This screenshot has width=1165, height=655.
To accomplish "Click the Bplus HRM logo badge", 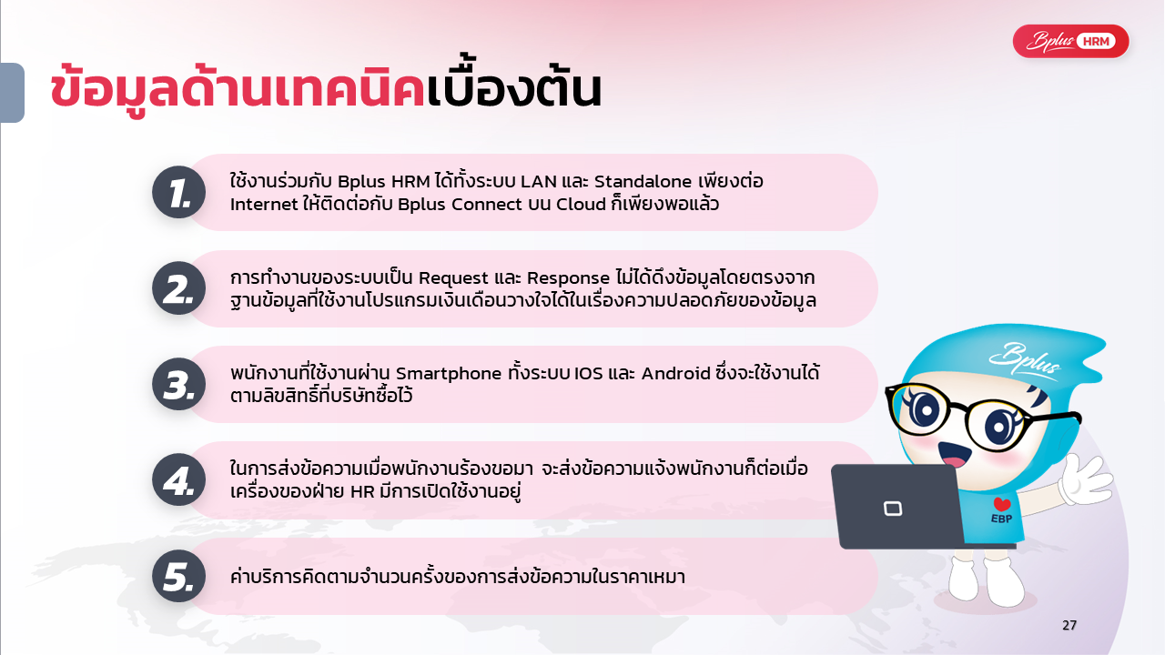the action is pos(1071,41).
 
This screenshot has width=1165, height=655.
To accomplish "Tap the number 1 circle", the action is pos(179,192).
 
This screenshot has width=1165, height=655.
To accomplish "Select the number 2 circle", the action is pos(179,288).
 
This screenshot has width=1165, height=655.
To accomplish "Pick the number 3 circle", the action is pos(179,384).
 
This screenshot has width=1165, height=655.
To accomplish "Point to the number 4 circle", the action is pos(179,479).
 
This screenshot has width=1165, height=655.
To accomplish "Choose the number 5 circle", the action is pos(179,576).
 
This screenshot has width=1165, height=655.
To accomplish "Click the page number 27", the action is pos(1069,625).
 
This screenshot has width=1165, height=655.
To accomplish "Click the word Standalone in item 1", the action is pos(643,181).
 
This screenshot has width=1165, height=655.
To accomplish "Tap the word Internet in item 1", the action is pos(264,205).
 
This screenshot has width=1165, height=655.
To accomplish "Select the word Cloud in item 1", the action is pos(581,205).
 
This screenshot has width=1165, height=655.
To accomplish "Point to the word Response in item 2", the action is pos(569,278).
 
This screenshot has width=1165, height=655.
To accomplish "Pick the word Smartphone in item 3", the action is pos(449,374).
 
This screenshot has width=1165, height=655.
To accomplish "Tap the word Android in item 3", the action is pos(675,374).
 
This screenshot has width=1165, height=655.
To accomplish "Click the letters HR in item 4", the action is pos(362,492).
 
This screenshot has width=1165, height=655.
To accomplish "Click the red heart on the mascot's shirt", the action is pos(1002,504).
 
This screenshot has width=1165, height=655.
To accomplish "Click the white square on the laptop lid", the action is pos(893,509).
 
